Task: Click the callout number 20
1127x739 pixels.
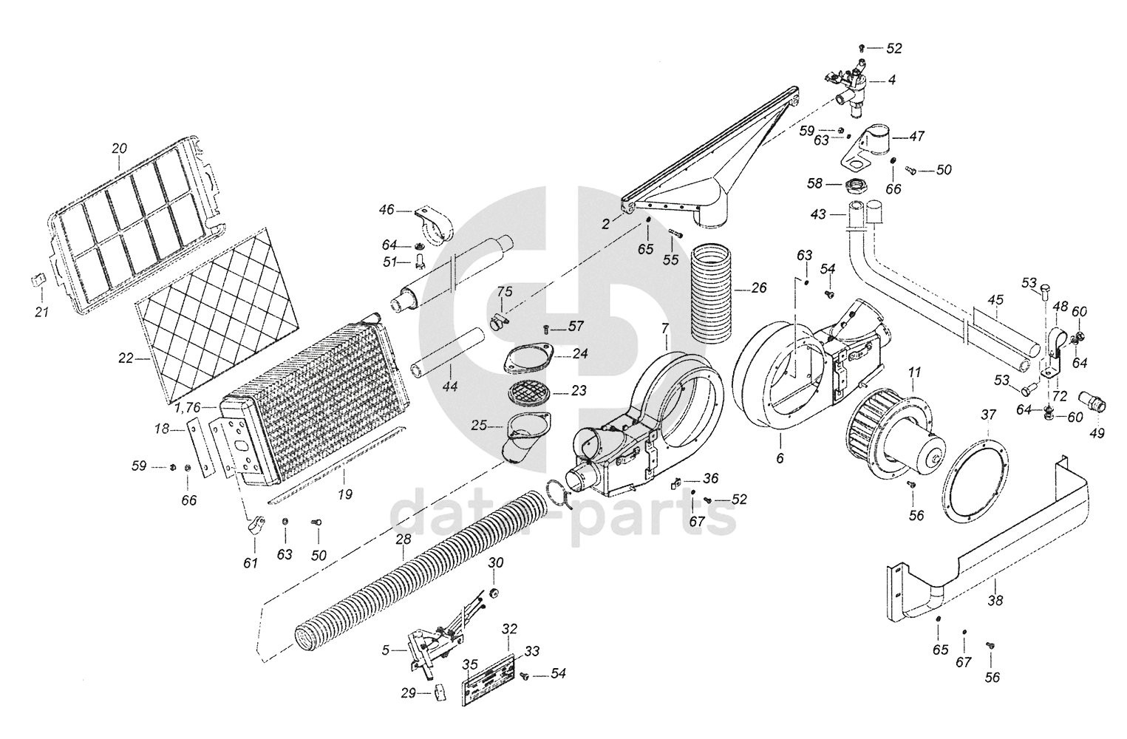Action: (x=120, y=149)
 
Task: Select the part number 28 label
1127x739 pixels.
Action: (x=404, y=539)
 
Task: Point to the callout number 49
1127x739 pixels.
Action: (x=1097, y=434)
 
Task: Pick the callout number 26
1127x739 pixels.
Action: (x=759, y=288)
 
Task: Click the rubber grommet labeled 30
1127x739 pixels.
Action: (x=493, y=593)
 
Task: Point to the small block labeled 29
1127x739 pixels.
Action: (x=440, y=694)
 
